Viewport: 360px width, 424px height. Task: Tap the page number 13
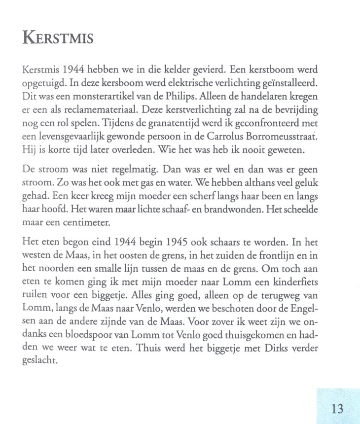[x=337, y=408]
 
